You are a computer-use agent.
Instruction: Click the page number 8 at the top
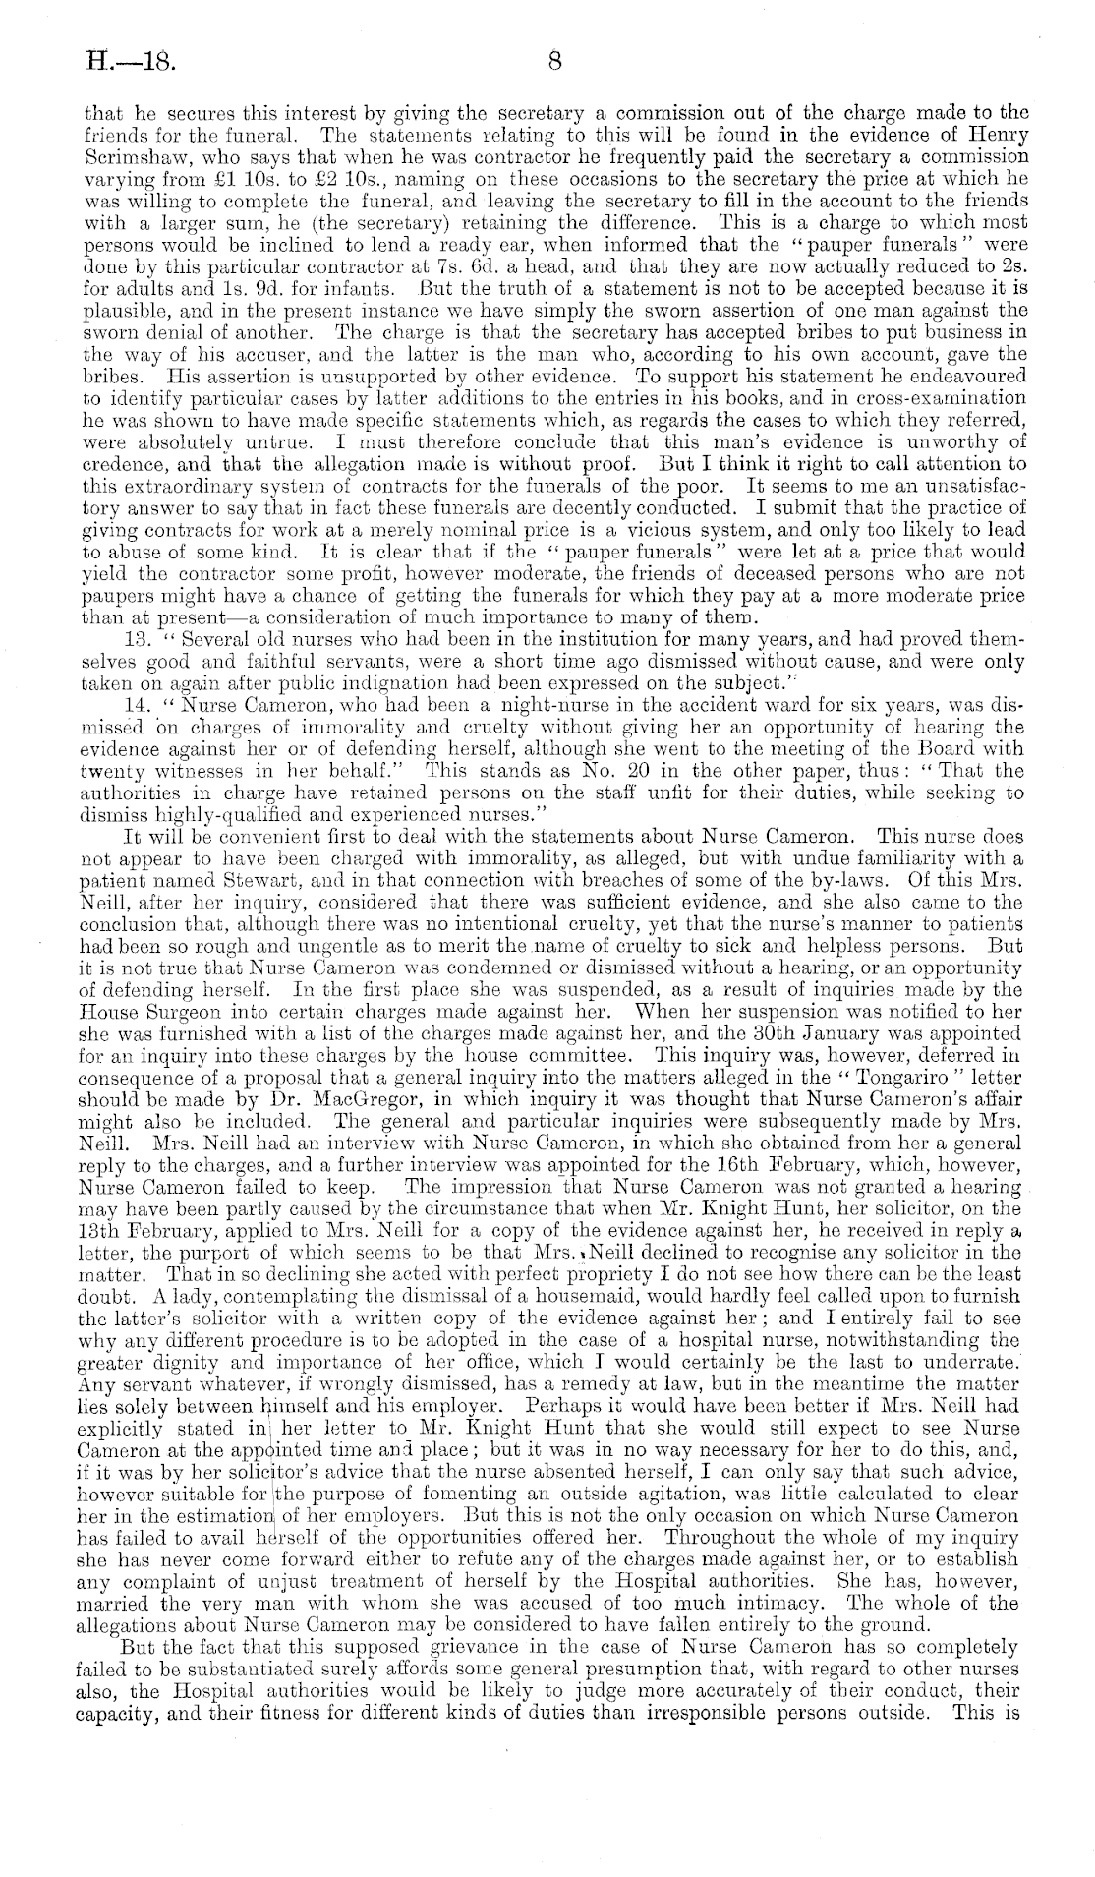click(x=553, y=62)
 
